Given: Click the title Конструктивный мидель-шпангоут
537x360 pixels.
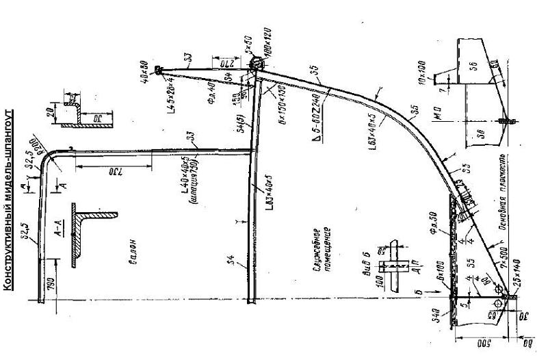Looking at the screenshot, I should [8, 198].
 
